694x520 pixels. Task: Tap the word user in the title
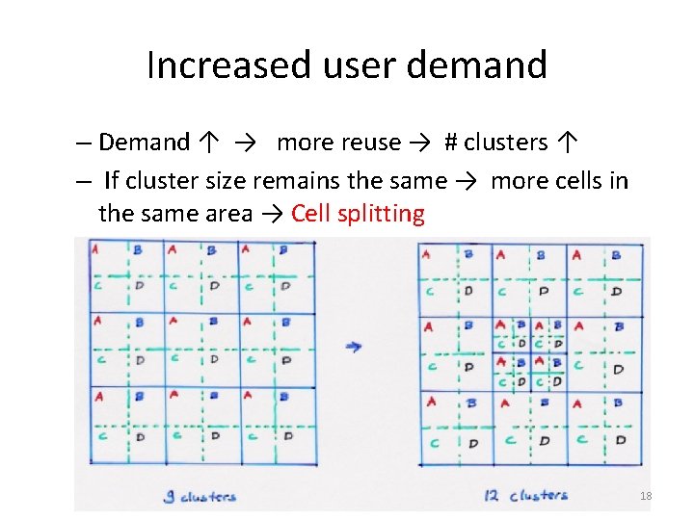click(349, 65)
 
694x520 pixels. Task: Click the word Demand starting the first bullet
click(144, 143)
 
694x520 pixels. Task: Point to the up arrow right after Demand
click(210, 143)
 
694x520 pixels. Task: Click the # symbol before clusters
click(450, 143)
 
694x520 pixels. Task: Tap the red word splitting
click(381, 214)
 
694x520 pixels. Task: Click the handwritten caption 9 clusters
click(200, 497)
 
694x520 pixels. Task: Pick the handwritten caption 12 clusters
click(525, 495)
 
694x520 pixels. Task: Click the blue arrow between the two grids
click(354, 347)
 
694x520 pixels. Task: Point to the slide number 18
click(646, 496)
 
